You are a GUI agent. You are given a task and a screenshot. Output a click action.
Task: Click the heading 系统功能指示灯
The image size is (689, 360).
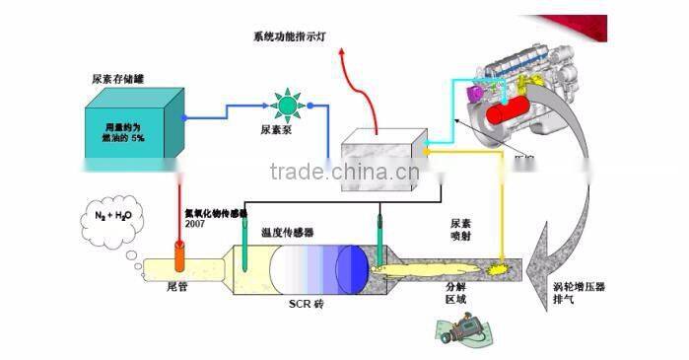pyautogui.click(x=295, y=36)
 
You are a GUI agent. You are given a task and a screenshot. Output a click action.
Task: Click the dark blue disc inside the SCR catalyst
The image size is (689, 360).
pyautogui.click(x=351, y=266)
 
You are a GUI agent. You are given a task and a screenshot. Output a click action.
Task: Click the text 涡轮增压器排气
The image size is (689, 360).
pyautogui.click(x=578, y=292)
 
